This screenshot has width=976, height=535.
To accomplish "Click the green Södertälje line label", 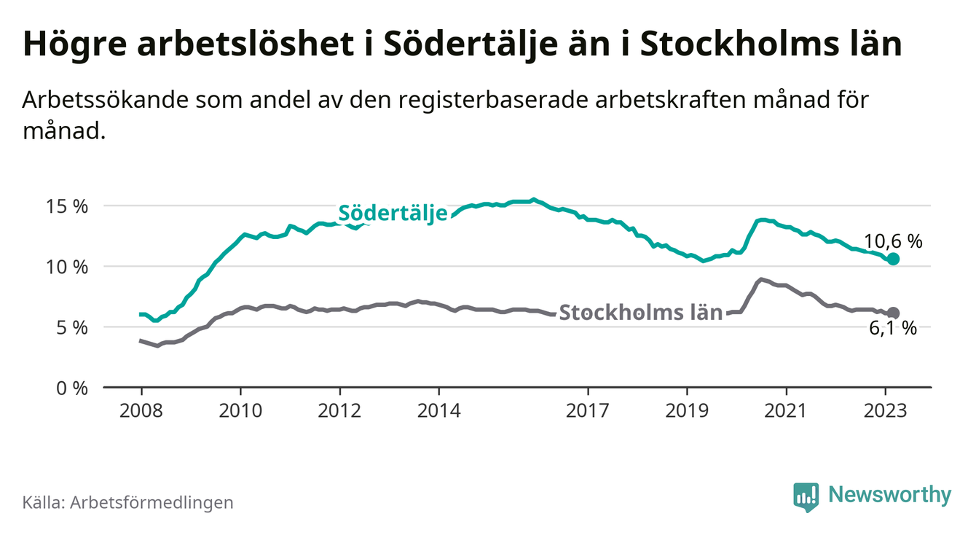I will point(393,214).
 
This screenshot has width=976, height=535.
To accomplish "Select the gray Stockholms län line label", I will point(641,313).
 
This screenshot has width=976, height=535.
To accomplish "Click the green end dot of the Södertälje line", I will point(894,259).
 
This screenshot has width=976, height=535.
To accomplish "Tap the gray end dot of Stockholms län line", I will point(894,313).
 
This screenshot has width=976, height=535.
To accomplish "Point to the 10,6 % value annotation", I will point(893,241).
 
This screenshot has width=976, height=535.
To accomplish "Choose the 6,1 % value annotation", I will point(893,329).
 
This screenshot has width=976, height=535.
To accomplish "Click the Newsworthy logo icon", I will point(806,496).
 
